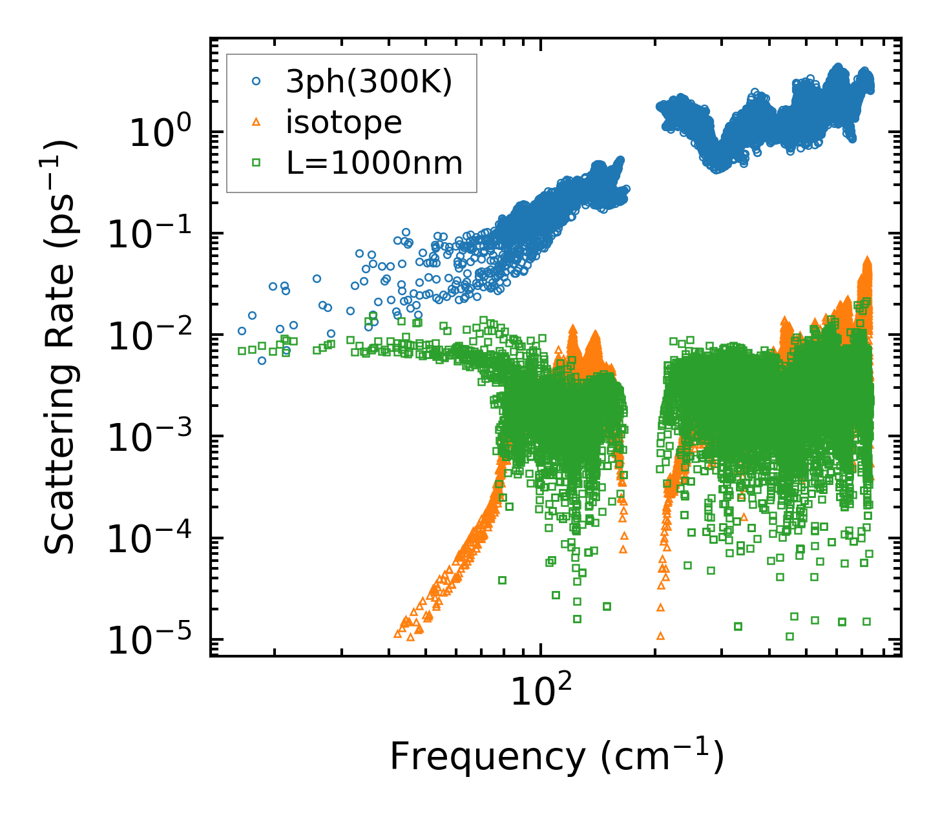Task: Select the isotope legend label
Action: coord(344,122)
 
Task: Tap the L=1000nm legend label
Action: coord(375,163)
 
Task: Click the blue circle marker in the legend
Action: coord(256,82)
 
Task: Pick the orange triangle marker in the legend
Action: coord(256,122)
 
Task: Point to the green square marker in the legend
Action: coord(256,163)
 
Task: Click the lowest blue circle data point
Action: coord(262,360)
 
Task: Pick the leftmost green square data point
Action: coord(242,351)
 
